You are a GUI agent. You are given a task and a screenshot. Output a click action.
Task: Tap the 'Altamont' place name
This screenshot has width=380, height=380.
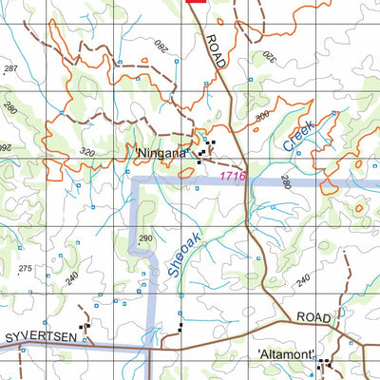287,355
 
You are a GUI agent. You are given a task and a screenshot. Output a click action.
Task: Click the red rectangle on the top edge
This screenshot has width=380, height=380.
196,3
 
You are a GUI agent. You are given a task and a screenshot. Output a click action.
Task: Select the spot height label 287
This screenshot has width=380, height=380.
10,70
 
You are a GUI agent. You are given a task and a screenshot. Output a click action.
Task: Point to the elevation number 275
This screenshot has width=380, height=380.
26,270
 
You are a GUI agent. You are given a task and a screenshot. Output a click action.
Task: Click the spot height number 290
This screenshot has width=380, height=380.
145,237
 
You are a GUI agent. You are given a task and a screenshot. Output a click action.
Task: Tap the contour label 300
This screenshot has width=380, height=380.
262,118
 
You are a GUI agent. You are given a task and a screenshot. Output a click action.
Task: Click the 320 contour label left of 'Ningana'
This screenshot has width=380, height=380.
88,151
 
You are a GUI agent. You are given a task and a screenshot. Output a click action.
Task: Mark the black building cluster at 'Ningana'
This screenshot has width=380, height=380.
205,150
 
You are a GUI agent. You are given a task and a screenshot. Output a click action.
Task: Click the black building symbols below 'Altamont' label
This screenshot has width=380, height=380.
325,363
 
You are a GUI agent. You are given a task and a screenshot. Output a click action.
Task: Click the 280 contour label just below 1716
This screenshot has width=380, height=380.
284,194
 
